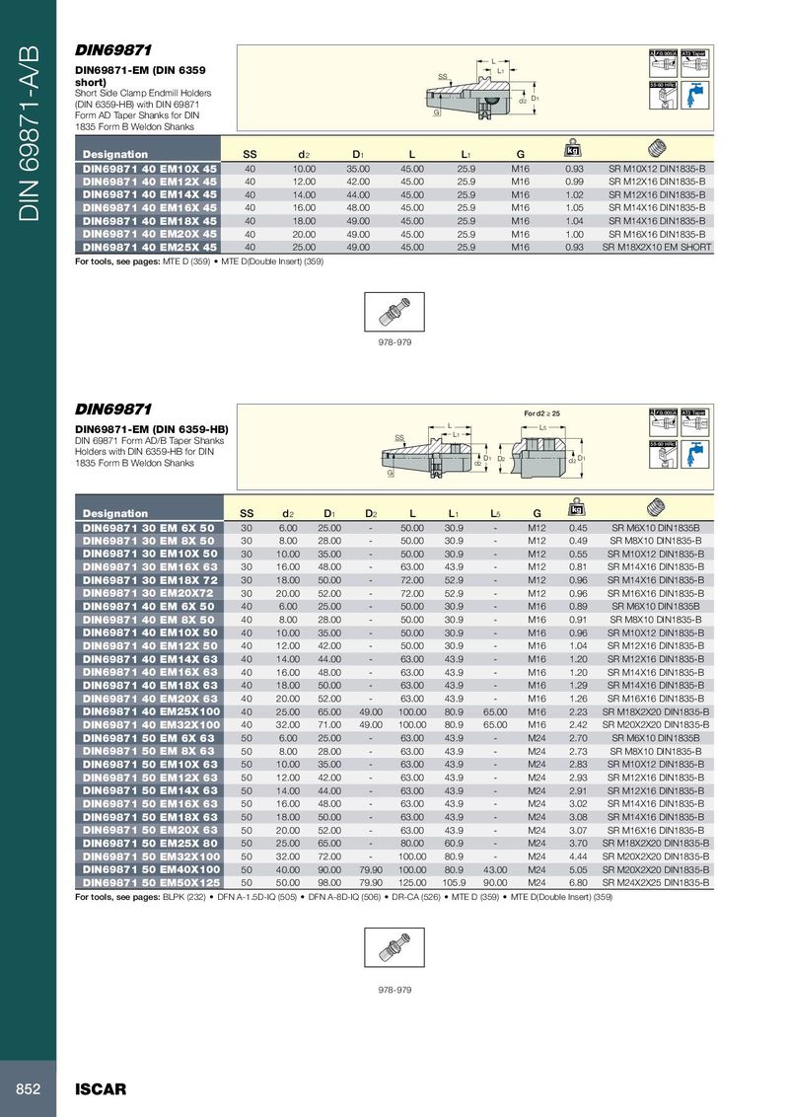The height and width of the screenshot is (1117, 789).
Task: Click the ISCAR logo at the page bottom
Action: coord(102,1089)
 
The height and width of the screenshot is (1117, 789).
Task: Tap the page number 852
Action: coord(27,1089)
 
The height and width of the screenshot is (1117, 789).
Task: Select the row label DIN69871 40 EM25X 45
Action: coord(149,248)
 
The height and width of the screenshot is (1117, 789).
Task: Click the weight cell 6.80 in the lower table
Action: coord(578,883)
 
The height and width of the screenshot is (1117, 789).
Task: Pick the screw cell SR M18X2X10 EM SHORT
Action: coord(657,248)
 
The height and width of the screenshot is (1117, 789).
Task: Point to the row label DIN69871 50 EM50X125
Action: coord(149,883)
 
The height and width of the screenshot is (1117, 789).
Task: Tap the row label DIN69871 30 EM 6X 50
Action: coord(149,528)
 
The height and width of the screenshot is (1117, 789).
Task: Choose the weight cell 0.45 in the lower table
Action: coord(578,528)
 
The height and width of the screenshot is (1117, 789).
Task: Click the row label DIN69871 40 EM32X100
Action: coord(149,725)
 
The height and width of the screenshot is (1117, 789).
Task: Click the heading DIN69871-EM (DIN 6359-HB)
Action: coord(153,429)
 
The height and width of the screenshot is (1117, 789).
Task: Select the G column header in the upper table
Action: coord(520,154)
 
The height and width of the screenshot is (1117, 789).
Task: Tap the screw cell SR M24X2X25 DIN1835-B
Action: coord(657,883)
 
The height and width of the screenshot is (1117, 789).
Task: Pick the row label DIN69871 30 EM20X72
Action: coord(149,593)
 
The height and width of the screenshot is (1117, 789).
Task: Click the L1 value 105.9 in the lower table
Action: coord(455,883)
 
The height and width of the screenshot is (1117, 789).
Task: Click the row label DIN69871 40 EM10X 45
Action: coord(149,169)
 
